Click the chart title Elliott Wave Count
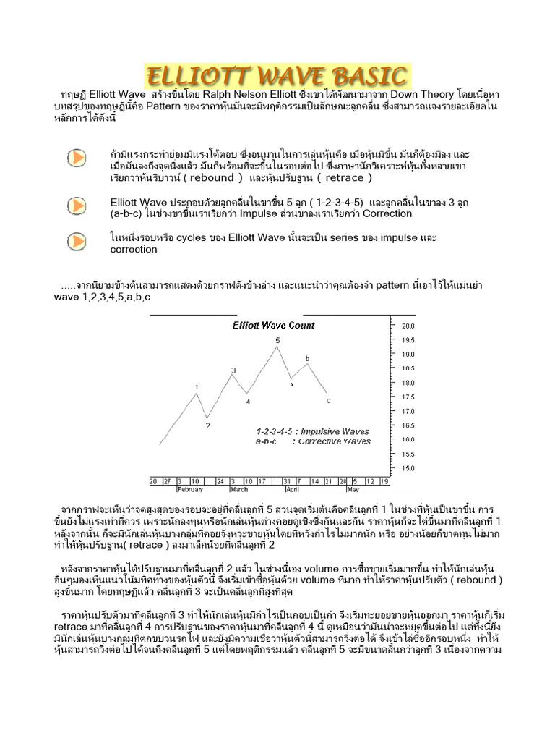click(x=273, y=326)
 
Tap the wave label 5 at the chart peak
click(x=277, y=340)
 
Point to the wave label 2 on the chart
click(x=207, y=425)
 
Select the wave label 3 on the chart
click(x=233, y=370)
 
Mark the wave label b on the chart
click(x=307, y=358)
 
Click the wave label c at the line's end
click(x=329, y=400)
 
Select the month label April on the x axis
click(x=292, y=489)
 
